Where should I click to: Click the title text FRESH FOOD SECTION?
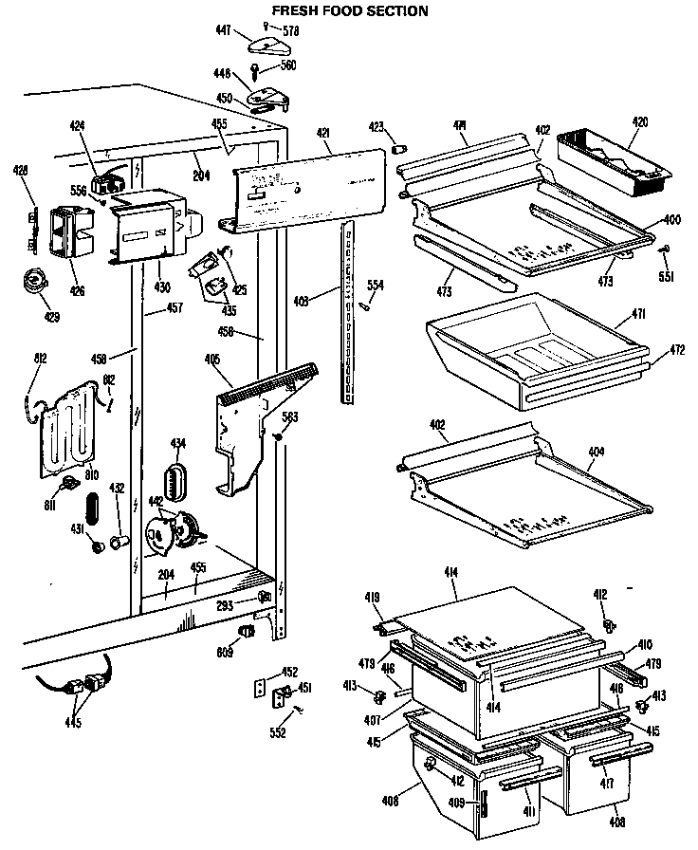pos(350,11)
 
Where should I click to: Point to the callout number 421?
pos(323,133)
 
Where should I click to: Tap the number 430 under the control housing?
pos(162,287)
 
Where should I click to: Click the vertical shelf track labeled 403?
pos(350,313)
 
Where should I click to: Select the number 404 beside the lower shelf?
pos(595,453)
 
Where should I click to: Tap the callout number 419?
pos(373,598)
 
